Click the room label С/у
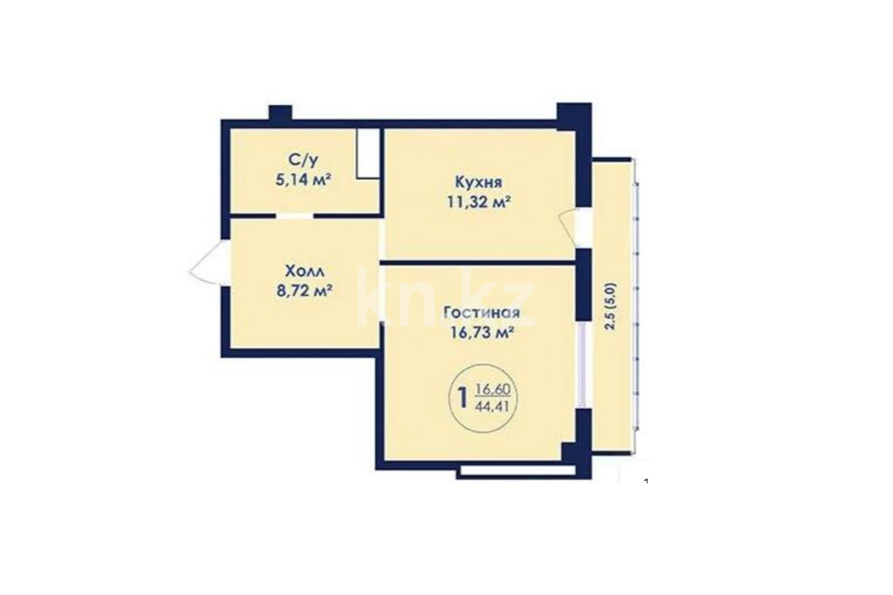click(x=303, y=161)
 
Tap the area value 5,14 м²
click(x=303, y=180)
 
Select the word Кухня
click(x=478, y=182)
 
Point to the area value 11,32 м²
click(x=478, y=201)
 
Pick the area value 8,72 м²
click(x=303, y=290)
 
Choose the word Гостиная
click(x=481, y=312)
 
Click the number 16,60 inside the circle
click(x=493, y=390)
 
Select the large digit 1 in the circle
click(x=463, y=397)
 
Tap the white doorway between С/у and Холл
click(x=294, y=217)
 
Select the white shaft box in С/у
click(x=368, y=154)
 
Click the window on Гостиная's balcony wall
click(x=582, y=364)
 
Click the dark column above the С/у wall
click(x=281, y=112)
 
